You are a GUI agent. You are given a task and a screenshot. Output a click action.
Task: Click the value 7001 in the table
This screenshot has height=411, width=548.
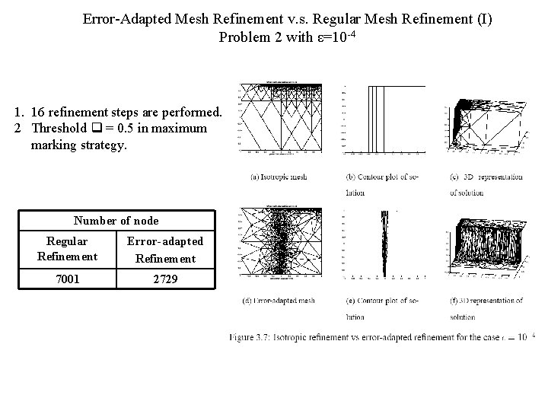67,279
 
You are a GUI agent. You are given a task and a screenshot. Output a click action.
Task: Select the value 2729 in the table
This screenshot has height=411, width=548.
164,279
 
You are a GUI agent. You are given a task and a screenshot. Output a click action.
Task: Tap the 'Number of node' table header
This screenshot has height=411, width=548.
116,221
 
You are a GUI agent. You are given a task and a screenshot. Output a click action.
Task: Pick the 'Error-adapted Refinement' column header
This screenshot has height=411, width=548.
164,250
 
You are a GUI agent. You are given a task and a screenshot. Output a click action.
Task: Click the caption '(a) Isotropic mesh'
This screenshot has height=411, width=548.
279,177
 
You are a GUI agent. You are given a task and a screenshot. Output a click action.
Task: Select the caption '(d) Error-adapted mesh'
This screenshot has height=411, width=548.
278,301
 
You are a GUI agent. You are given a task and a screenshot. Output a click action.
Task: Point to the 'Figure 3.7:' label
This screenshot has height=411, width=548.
248,336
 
